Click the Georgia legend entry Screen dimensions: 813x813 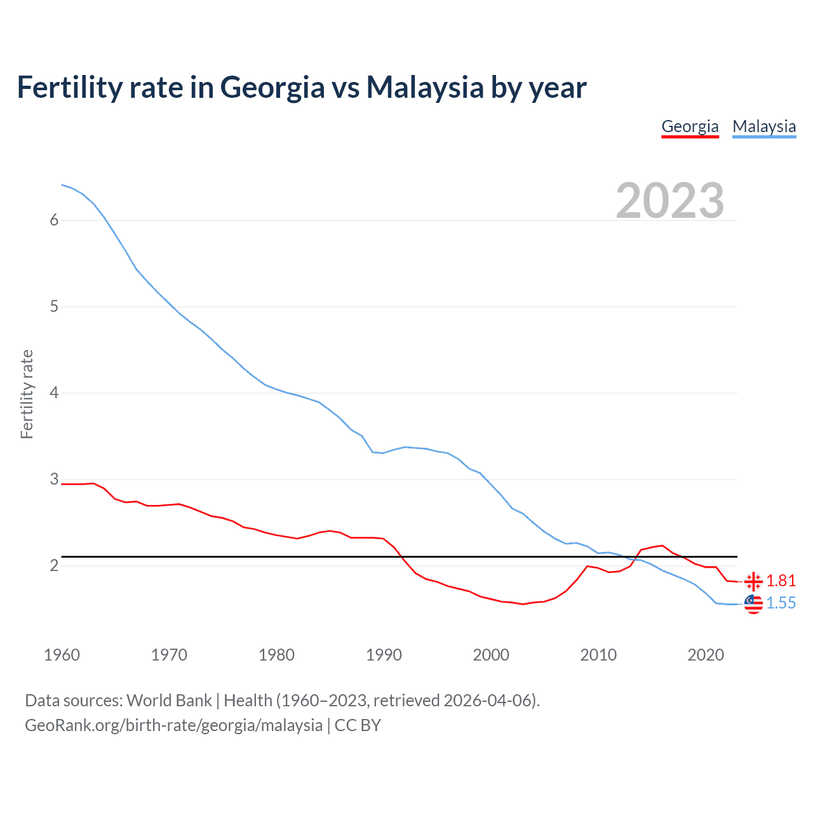click(x=690, y=126)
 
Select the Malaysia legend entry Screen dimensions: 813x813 click(x=764, y=126)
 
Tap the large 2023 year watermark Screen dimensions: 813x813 click(x=670, y=201)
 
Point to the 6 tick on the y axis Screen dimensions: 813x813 click(x=54, y=220)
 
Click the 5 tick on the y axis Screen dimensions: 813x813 click(x=54, y=307)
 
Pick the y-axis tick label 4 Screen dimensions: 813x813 click(x=54, y=393)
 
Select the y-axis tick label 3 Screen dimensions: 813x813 click(x=54, y=479)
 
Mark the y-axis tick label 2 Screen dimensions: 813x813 click(x=54, y=565)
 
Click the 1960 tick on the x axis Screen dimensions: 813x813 click(x=62, y=655)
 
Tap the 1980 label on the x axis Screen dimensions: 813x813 click(x=276, y=655)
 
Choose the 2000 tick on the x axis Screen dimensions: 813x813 click(x=491, y=655)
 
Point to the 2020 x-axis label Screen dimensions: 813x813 click(x=706, y=655)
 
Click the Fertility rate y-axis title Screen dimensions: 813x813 click(x=27, y=394)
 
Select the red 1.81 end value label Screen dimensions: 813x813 click(x=781, y=581)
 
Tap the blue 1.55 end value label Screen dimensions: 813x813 click(x=781, y=603)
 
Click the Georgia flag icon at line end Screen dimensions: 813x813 click(x=753, y=581)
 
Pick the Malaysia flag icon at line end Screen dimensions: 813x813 click(x=753, y=604)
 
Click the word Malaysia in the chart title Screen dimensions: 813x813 click(x=425, y=87)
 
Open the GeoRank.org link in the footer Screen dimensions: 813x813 click(x=173, y=725)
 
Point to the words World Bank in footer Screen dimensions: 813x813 click(x=169, y=701)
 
